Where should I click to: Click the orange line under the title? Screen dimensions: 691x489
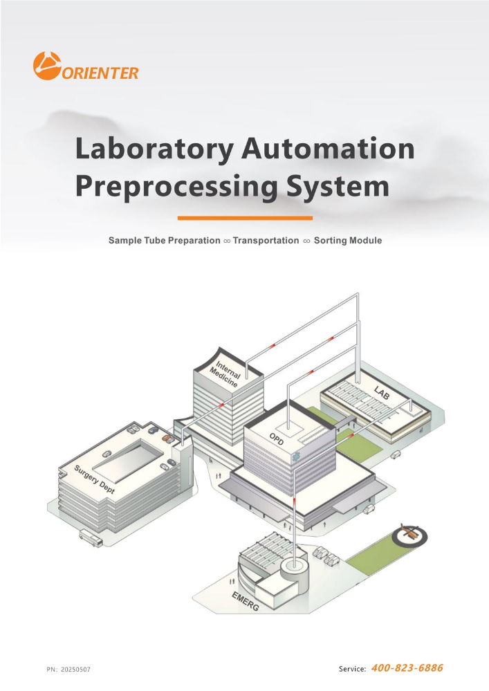pyautogui.click(x=245, y=218)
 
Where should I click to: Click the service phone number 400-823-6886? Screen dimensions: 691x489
pyautogui.click(x=407, y=668)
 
